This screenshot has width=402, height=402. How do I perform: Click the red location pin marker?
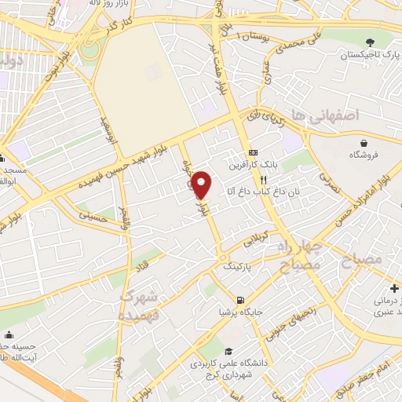tap(202, 185)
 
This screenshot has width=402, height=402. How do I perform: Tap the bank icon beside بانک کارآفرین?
tap(252, 152)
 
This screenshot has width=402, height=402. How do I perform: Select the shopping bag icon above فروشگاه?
tap(365, 143)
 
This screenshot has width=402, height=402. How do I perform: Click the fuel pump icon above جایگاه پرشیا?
tap(239, 299)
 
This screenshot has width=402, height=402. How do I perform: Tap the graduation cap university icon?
tap(228, 351)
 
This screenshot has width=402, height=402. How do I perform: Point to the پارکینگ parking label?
tap(239, 267)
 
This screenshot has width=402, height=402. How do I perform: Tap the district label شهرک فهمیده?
tap(142, 306)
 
